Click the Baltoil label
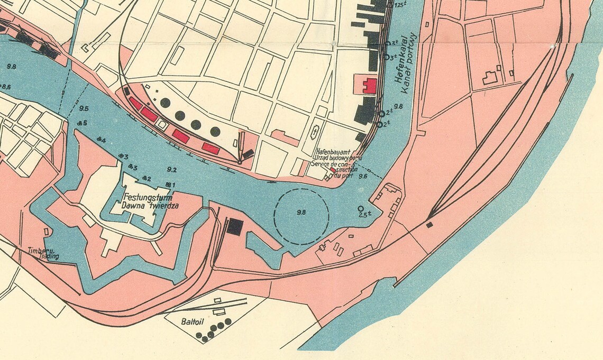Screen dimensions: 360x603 (x=192, y=320)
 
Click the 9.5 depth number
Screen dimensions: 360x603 (x=84, y=108)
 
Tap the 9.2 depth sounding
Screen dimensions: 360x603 (x=171, y=170)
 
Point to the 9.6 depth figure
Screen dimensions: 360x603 (x=363, y=177)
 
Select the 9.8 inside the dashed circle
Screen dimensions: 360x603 (x=301, y=213)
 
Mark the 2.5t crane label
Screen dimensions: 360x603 (x=363, y=215)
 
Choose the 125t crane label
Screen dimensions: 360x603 (x=400, y=4)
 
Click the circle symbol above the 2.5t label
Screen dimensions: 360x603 (x=361, y=208)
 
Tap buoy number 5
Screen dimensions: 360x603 (x=82, y=123)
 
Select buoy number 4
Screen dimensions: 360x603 (x=102, y=141)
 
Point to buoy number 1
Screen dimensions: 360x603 (x=170, y=184)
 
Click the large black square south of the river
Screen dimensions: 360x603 (x=235, y=227)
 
